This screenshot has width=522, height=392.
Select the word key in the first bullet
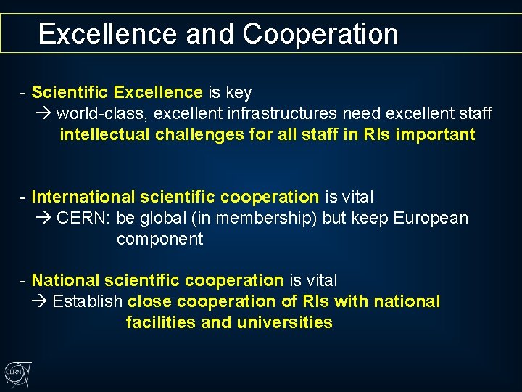239,92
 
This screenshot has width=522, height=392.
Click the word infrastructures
273,113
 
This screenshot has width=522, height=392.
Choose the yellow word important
434,134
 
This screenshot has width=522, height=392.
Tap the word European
431,218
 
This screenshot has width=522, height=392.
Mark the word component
159,239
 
